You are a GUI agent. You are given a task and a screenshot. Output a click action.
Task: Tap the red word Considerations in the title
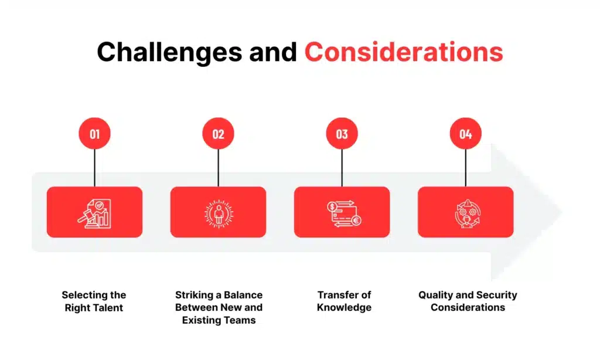click(x=404, y=52)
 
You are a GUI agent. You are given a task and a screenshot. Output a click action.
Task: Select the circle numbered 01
click(x=94, y=134)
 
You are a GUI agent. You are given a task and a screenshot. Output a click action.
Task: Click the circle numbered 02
click(x=218, y=134)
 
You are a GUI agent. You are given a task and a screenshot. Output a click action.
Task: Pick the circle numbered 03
click(x=342, y=134)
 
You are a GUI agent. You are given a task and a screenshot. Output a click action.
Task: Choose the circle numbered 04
click(x=465, y=134)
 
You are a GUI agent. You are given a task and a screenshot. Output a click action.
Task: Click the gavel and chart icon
click(x=94, y=212)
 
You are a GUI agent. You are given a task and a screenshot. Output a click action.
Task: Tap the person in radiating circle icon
click(x=218, y=212)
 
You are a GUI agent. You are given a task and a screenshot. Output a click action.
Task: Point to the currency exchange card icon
click(x=342, y=212)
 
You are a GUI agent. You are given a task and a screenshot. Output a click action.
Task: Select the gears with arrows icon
click(x=465, y=212)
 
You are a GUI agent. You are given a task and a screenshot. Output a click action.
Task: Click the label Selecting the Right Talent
click(x=94, y=301)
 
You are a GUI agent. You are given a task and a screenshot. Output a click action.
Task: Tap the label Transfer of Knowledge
click(x=344, y=301)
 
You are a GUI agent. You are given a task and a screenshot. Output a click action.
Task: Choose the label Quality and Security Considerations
click(x=468, y=301)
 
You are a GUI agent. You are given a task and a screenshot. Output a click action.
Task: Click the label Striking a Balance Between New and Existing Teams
click(x=219, y=307)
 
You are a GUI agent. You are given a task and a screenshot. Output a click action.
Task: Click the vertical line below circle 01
click(x=94, y=168)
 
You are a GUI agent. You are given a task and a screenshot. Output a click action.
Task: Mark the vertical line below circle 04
click(x=465, y=168)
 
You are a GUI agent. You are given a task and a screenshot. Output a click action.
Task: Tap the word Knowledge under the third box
click(x=344, y=307)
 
